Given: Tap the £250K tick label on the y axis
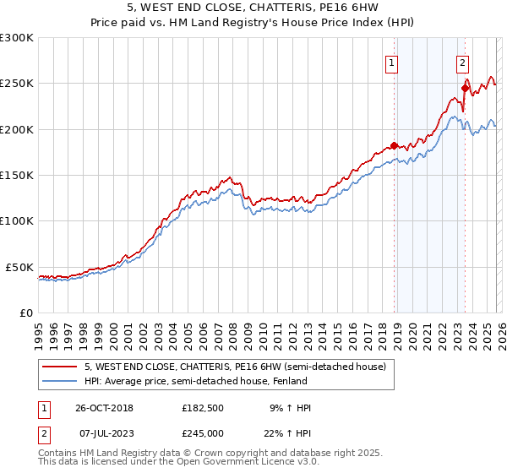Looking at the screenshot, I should point(17,84).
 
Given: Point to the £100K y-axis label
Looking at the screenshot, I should point(17,220).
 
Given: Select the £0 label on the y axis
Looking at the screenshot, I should point(26,313).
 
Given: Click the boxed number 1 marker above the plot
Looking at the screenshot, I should point(393,62).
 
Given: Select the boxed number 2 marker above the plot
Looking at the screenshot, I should point(463,62).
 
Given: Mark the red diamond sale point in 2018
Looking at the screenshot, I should point(394,145).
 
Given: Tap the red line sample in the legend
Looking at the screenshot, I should point(60,367).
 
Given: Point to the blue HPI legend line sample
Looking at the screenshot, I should point(60,381).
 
